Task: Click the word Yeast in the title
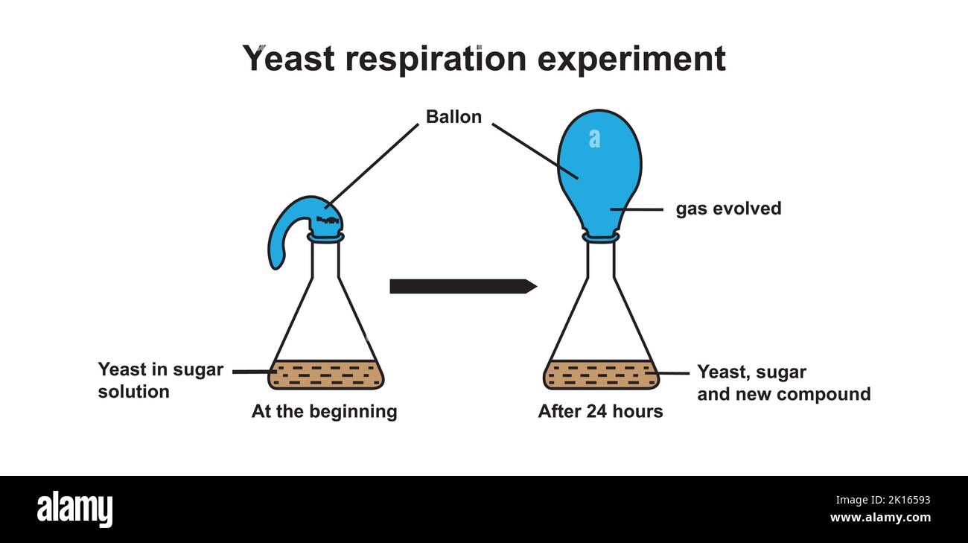(288, 59)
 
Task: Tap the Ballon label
(453, 117)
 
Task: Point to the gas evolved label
(728, 209)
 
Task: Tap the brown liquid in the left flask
(326, 375)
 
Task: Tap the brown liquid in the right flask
(601, 375)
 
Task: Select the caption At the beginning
(324, 411)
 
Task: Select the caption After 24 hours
(600, 411)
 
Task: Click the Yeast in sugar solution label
(160, 381)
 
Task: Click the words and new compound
(783, 394)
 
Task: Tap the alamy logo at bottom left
(75, 509)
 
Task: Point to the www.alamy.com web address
(880, 518)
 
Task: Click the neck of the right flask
(600, 261)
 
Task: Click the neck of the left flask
(325, 261)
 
